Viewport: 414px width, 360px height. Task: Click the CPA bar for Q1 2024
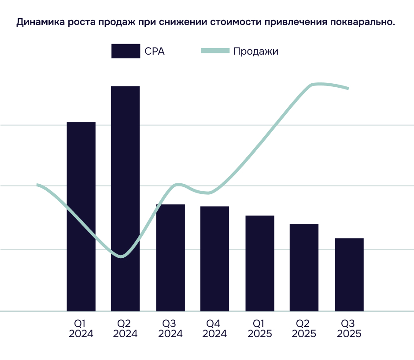(81, 216)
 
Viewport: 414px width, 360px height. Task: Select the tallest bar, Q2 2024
(125, 198)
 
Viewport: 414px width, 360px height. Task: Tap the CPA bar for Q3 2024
(170, 258)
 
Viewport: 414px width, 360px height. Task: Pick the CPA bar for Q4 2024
(214, 259)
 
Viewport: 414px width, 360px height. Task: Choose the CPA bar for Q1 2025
(260, 263)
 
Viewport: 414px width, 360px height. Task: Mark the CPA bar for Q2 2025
(304, 267)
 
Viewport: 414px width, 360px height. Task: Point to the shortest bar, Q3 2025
(349, 275)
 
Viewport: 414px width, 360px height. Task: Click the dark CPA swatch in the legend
(126, 51)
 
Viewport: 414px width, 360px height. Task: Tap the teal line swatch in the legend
(215, 51)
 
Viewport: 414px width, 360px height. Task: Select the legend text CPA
(155, 51)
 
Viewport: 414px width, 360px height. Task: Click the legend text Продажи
(255, 51)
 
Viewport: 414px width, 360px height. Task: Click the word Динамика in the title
(35, 22)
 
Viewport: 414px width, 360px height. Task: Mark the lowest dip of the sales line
(122, 256)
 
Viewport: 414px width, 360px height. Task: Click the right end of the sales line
(348, 89)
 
